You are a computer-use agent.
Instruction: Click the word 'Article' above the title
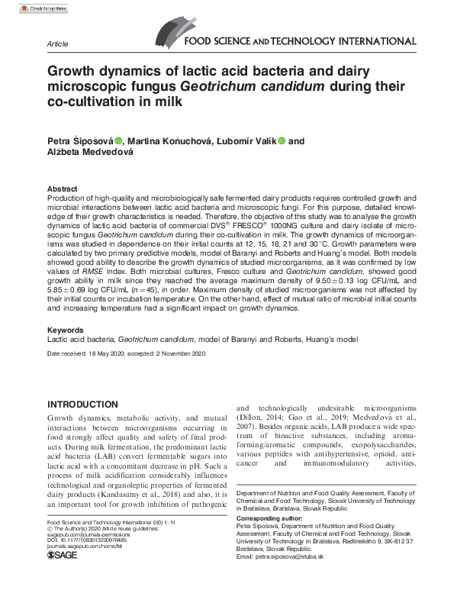click(x=58, y=44)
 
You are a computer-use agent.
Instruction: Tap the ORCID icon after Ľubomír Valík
click(x=282, y=140)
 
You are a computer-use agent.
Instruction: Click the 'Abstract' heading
click(x=62, y=189)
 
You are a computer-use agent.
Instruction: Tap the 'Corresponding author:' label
click(x=272, y=519)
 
